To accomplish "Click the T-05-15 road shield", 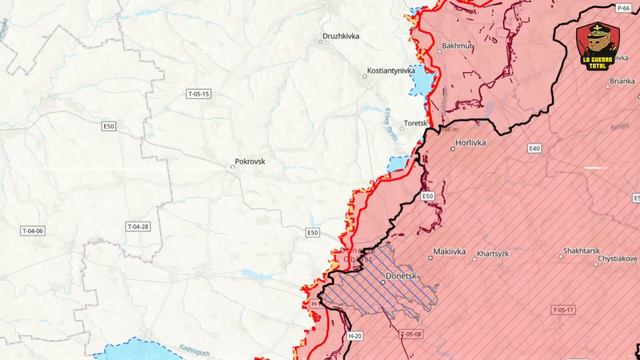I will pos(199,93).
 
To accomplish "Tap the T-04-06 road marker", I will pos(33,231).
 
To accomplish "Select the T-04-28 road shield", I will pos(137,227).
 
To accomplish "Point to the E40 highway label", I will pos(535,148).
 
